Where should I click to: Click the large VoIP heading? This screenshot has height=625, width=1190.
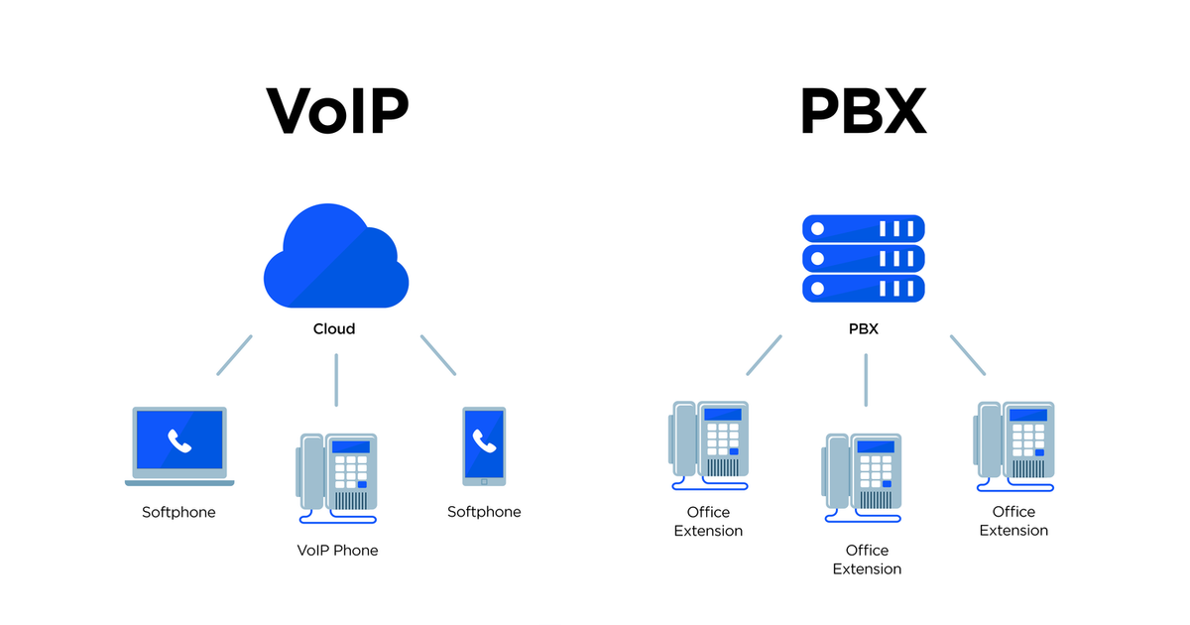(x=337, y=111)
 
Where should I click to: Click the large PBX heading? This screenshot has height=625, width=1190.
(x=863, y=111)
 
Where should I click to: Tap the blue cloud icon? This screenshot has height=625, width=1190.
(x=335, y=260)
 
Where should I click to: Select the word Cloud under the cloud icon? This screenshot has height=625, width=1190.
(x=334, y=328)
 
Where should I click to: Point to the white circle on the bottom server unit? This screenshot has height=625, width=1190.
(x=817, y=289)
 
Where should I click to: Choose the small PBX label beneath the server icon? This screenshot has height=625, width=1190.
(x=863, y=328)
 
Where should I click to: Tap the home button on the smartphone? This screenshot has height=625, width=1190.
(x=484, y=481)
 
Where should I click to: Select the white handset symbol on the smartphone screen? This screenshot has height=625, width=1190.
(x=484, y=440)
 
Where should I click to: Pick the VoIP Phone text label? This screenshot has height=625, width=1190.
(x=337, y=550)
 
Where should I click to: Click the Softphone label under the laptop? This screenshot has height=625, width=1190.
(x=178, y=512)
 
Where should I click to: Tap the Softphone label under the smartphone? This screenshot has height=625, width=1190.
(x=484, y=512)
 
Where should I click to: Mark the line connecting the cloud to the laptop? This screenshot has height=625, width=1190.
(x=235, y=355)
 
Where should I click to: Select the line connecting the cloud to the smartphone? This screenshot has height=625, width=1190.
(x=438, y=355)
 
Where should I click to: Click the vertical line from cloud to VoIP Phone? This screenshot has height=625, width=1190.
(x=336, y=379)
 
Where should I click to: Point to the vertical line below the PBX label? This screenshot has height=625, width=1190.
(x=866, y=379)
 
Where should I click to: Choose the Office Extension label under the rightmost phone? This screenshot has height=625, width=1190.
(x=1013, y=521)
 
